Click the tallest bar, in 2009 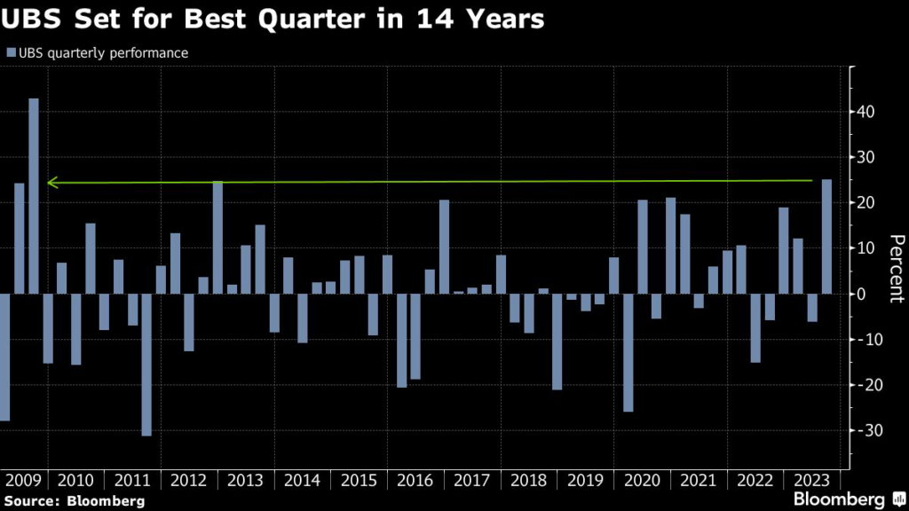click(x=34, y=195)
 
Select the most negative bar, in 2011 click(x=146, y=364)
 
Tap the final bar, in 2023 click(x=826, y=236)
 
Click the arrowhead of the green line click(x=51, y=183)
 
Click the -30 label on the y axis click(x=866, y=430)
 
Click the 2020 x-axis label click(x=643, y=481)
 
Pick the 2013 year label click(x=246, y=481)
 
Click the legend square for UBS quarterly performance click(x=10, y=53)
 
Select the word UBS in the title click(x=33, y=19)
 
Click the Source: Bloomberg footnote click(x=74, y=502)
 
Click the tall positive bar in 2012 click(x=217, y=237)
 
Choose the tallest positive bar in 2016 click(x=444, y=247)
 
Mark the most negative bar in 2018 click(x=557, y=342)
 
